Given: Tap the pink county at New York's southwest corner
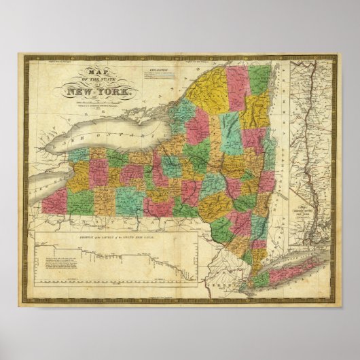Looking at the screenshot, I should pos(54,200).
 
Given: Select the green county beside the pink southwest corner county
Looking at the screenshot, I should pos(80,201).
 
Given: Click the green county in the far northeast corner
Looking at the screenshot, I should pos(259,79).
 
